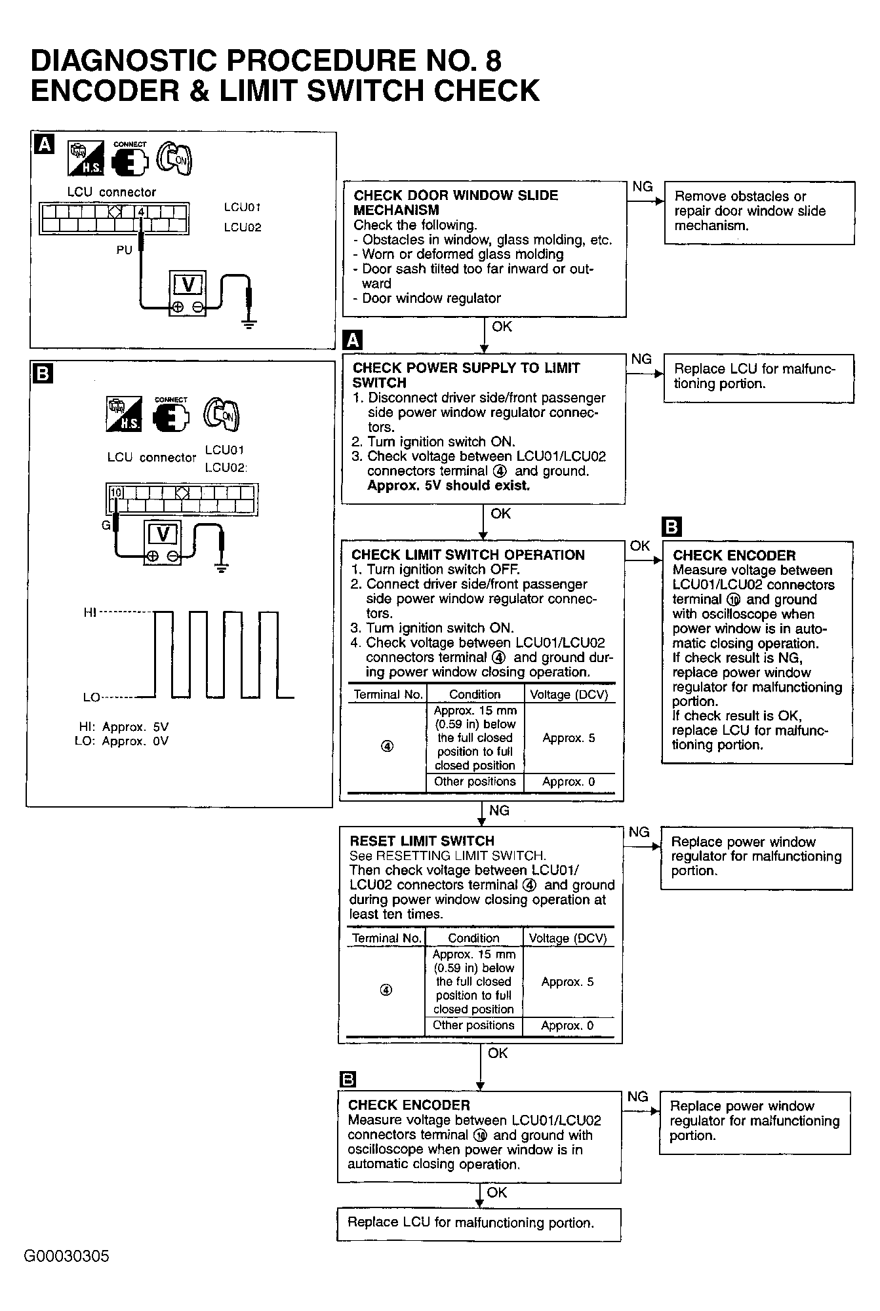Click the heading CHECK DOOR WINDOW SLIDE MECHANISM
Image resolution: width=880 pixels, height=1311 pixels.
point(455,203)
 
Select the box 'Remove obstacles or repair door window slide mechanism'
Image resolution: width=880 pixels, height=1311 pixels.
point(759,212)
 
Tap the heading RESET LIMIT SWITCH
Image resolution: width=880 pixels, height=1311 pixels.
point(422,841)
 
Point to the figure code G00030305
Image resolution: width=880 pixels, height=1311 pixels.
point(67,1257)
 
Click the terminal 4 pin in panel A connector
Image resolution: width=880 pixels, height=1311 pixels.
point(141,212)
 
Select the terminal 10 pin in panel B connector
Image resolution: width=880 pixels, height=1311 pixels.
point(115,492)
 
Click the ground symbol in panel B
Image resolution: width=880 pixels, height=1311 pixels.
point(222,568)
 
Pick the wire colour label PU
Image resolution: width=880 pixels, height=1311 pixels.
point(124,250)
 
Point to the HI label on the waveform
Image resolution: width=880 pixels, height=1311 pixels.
point(90,612)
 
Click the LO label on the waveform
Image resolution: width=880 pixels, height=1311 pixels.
point(91,697)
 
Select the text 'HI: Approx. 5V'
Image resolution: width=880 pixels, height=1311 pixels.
point(123,727)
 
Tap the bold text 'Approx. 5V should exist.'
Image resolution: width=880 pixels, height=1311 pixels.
point(449,486)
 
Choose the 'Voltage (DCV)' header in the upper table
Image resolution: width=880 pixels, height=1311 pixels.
point(569,695)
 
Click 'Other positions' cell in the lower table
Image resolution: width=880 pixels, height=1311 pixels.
point(474,1026)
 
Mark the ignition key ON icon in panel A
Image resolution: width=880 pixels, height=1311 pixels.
point(174,159)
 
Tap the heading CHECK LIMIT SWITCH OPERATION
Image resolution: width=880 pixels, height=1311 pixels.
point(468,555)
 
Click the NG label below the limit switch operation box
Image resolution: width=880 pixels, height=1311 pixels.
point(499,811)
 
